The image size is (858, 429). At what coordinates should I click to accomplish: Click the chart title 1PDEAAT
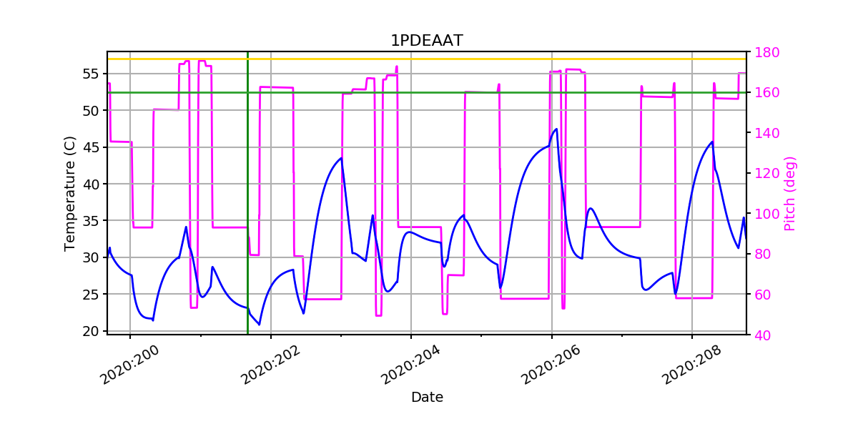point(426,41)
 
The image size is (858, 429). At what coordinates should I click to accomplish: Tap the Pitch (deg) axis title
point(790,193)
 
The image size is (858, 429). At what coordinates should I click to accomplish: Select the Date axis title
point(427,398)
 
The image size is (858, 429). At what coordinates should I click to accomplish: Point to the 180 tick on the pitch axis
point(765,52)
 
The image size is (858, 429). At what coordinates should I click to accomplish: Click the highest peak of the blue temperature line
point(556,129)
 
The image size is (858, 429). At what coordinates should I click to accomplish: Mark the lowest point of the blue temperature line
point(260,325)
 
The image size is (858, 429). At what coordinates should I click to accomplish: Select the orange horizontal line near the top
point(429,59)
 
